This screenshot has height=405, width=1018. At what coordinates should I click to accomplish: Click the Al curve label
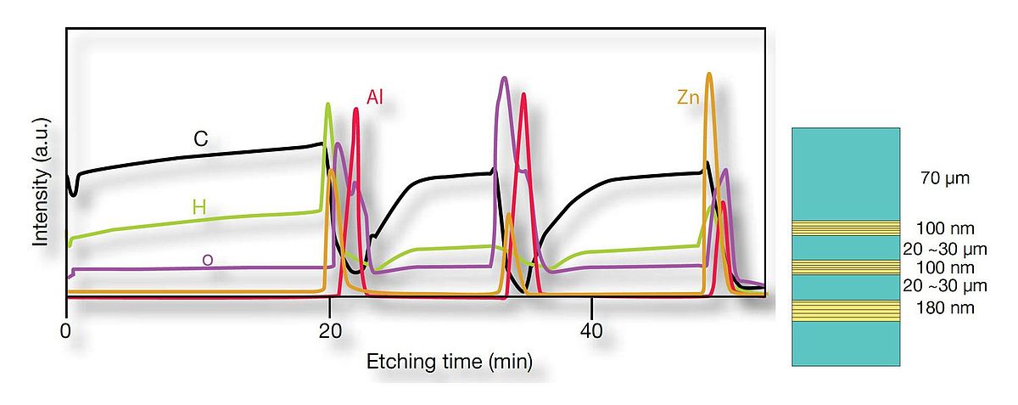pos(374,98)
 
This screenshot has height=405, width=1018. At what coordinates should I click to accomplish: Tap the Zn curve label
pos(687,98)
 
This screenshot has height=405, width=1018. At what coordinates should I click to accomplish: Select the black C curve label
pos(201,139)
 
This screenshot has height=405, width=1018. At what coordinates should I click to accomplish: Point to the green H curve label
pos(199,207)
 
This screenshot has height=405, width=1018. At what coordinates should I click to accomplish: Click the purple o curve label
pos(207,259)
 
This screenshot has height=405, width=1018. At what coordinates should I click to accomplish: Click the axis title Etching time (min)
pos(449,363)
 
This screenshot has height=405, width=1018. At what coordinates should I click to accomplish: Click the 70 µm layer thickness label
pos(944,179)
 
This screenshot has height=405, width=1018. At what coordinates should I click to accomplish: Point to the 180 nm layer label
pos(944,308)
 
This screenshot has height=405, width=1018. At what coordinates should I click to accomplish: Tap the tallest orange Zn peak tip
pos(709,74)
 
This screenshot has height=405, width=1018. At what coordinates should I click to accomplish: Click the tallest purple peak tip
pos(505,78)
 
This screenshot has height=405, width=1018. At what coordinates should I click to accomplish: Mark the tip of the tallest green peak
pos(328,104)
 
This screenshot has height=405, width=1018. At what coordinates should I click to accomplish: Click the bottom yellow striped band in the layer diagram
pos(845,311)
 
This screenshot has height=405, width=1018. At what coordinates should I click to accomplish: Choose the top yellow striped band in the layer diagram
pos(845,228)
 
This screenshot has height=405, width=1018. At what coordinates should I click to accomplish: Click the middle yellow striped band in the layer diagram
pos(845,267)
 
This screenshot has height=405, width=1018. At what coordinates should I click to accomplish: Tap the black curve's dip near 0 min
pos(74,194)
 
